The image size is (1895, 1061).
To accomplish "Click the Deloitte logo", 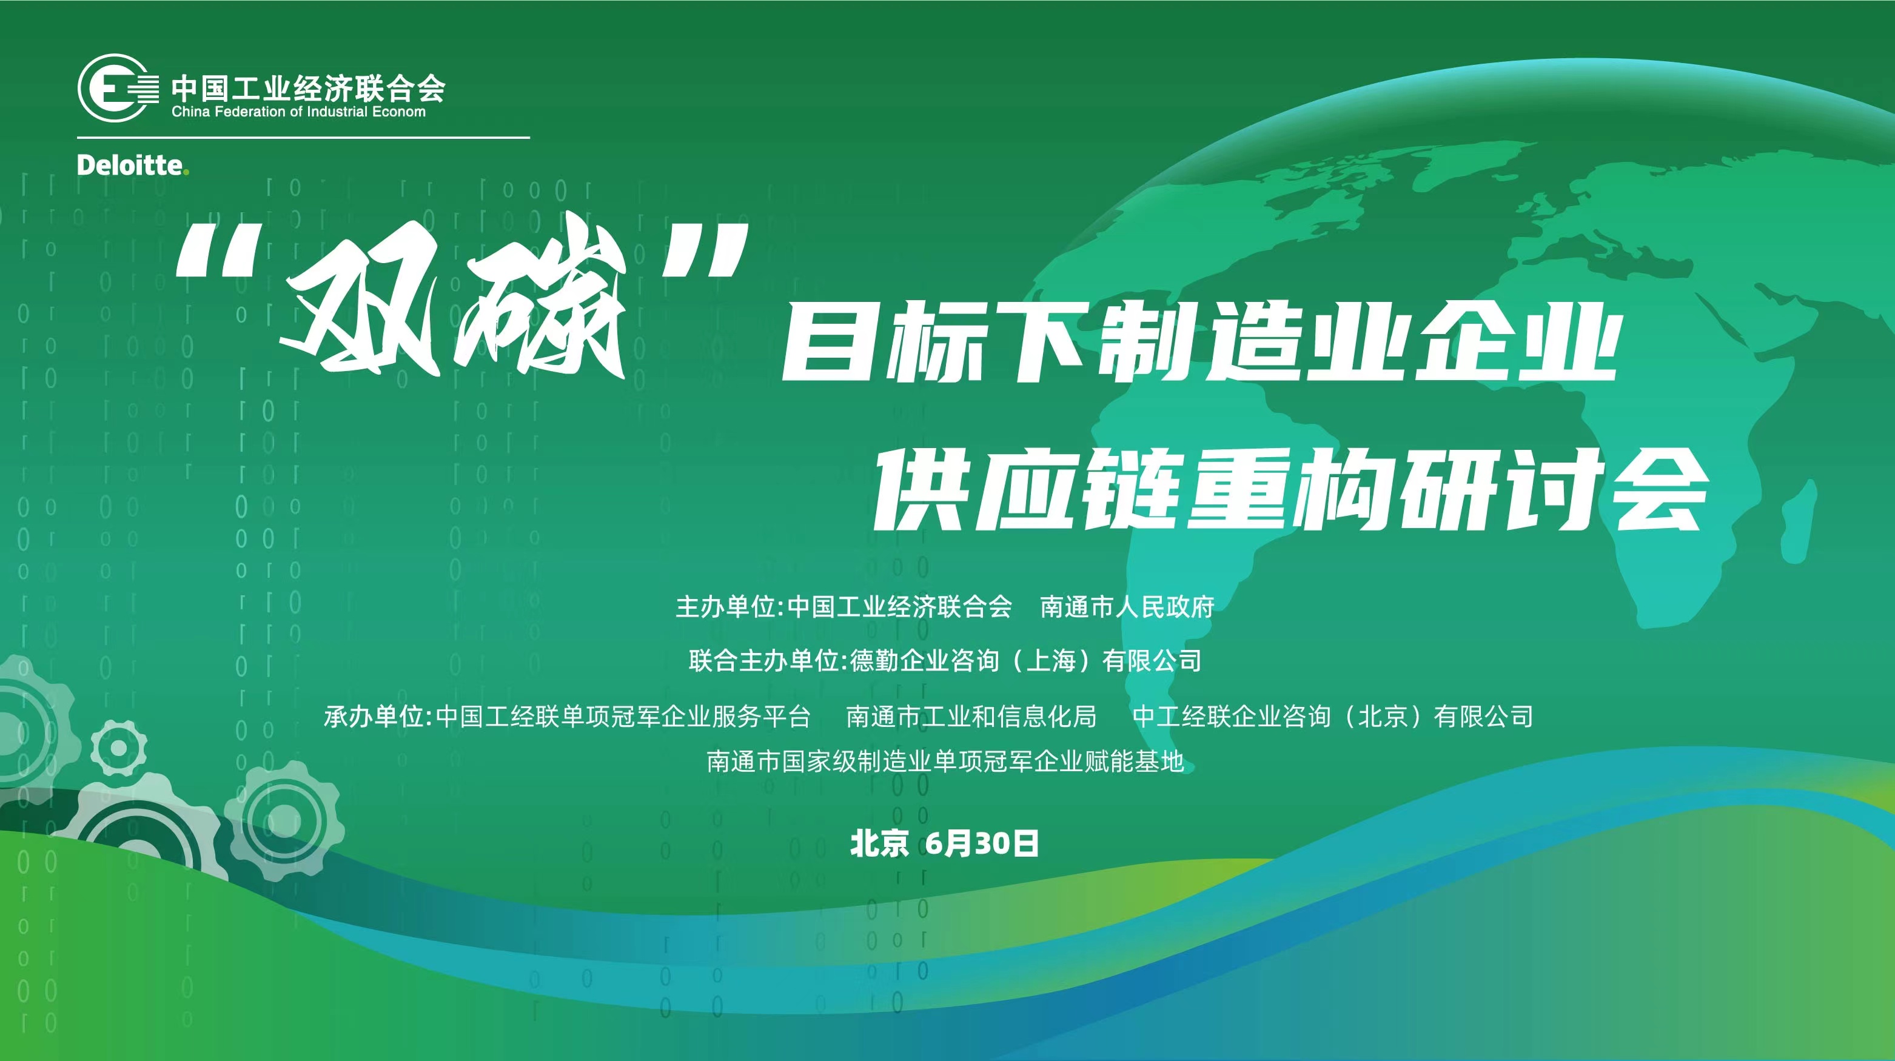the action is coord(132,166).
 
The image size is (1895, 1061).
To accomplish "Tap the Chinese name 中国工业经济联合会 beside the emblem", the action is coord(308,89).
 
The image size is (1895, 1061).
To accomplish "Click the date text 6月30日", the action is coord(982,843).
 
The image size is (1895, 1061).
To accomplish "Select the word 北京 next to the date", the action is coord(879,843).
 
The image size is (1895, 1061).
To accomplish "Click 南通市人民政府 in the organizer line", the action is coord(1127,607).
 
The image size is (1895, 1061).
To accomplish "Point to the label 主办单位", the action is coord(725,607).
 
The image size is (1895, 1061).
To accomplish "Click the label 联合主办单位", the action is coord(763,660).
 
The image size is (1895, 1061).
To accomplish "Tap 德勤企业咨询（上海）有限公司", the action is coord(1026,660).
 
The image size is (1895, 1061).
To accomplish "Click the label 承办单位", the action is coord(374,715).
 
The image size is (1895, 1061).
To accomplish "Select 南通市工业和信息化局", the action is coord(971,715).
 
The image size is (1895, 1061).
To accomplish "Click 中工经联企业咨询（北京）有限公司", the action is coord(1333,715).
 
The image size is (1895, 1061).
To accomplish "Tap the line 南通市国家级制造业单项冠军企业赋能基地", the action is coord(945,761).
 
